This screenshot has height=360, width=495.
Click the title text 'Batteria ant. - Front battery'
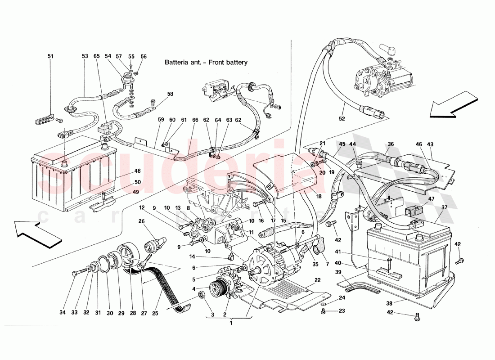click(206, 63)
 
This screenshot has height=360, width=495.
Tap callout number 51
click(50, 56)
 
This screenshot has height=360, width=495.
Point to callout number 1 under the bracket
click(231, 323)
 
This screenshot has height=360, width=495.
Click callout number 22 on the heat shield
click(317, 280)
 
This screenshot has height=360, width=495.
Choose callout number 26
click(141, 221)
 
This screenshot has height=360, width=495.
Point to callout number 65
click(96, 56)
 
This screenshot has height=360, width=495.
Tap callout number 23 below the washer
click(342, 310)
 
